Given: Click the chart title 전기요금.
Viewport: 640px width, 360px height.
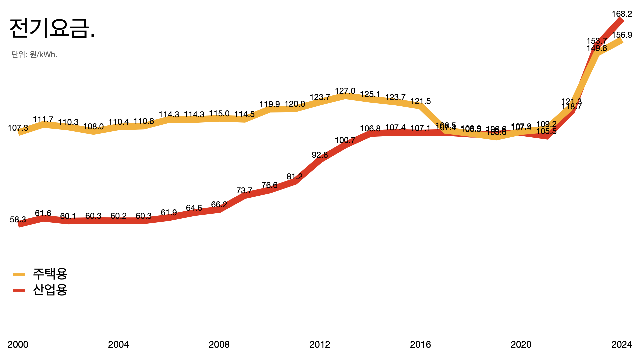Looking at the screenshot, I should click(52, 28).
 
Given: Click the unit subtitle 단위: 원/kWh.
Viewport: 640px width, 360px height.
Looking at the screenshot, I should click(34, 54).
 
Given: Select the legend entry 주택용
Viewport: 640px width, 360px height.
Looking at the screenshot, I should click(50, 274).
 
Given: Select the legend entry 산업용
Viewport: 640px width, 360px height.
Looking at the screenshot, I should click(50, 290).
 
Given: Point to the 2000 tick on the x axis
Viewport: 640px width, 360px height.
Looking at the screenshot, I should click(18, 344).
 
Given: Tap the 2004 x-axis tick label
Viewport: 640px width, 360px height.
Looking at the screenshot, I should click(118, 344).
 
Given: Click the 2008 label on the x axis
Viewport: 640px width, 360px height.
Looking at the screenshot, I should click(219, 344).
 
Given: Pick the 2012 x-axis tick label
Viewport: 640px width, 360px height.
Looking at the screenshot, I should click(320, 344).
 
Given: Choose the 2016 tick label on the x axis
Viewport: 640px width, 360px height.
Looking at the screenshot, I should click(420, 344).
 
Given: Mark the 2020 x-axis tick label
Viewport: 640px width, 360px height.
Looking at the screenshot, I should click(521, 344).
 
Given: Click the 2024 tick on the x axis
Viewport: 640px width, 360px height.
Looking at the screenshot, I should click(621, 344).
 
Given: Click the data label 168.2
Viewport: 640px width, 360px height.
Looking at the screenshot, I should click(622, 14).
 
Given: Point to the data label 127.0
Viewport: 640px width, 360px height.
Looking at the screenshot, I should click(345, 91).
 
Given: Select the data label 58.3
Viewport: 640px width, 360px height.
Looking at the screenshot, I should click(18, 220).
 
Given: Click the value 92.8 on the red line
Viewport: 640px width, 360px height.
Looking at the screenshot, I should click(320, 155).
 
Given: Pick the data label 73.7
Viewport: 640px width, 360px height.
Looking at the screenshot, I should click(244, 191).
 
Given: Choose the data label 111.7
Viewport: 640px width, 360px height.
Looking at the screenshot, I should click(43, 120).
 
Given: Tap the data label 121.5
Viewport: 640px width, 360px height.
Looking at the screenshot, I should click(420, 101).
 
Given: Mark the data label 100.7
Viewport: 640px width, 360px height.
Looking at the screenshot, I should click(345, 140).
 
